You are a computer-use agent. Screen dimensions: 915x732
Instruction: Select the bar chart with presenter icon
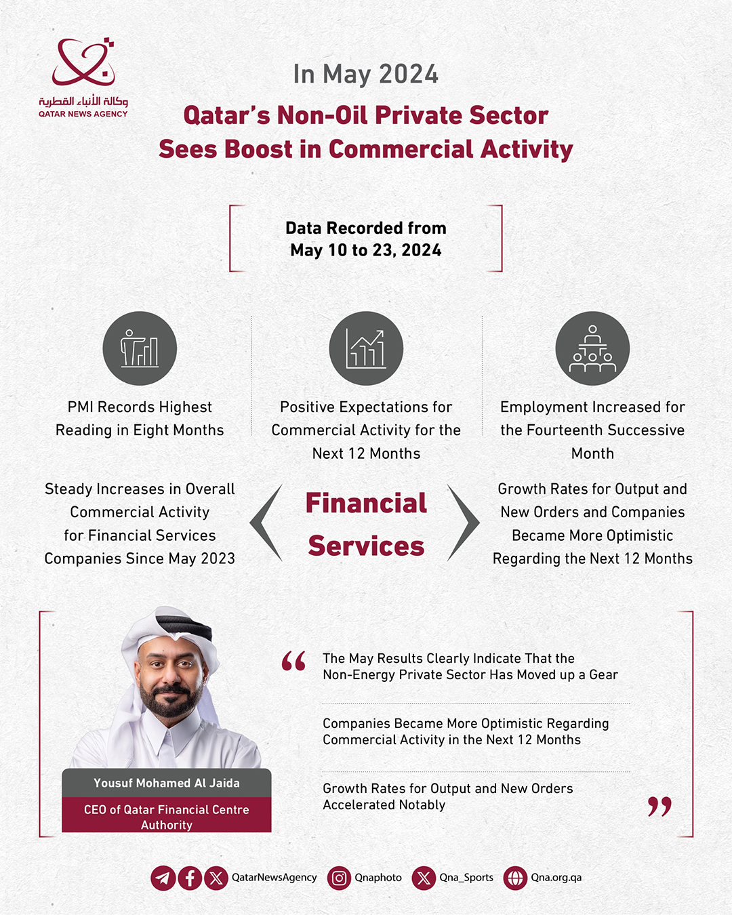(x=140, y=348)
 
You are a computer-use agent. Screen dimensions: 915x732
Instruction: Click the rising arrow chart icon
(x=366, y=348)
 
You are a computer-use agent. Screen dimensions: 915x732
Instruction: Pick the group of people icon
(x=592, y=348)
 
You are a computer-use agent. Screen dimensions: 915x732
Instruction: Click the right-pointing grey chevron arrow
(x=463, y=523)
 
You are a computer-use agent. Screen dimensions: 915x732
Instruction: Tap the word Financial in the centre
(x=366, y=503)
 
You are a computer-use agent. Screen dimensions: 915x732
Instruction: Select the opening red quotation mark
(x=293, y=661)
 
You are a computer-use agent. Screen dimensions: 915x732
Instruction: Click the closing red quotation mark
(x=659, y=806)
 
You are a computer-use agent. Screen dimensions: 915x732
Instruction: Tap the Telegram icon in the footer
(x=163, y=878)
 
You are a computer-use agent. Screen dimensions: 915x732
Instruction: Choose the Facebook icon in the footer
(x=190, y=878)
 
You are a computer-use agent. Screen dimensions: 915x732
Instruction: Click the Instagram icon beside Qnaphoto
(x=339, y=878)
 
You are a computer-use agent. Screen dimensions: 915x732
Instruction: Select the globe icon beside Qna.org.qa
(x=515, y=878)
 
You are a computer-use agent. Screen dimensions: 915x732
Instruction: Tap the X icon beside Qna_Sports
(x=424, y=878)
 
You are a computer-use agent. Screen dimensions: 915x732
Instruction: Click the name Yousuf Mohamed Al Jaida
(x=167, y=783)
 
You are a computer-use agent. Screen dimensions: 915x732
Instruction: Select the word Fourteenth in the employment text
(x=571, y=430)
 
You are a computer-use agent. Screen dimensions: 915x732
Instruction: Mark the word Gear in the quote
(x=603, y=675)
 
